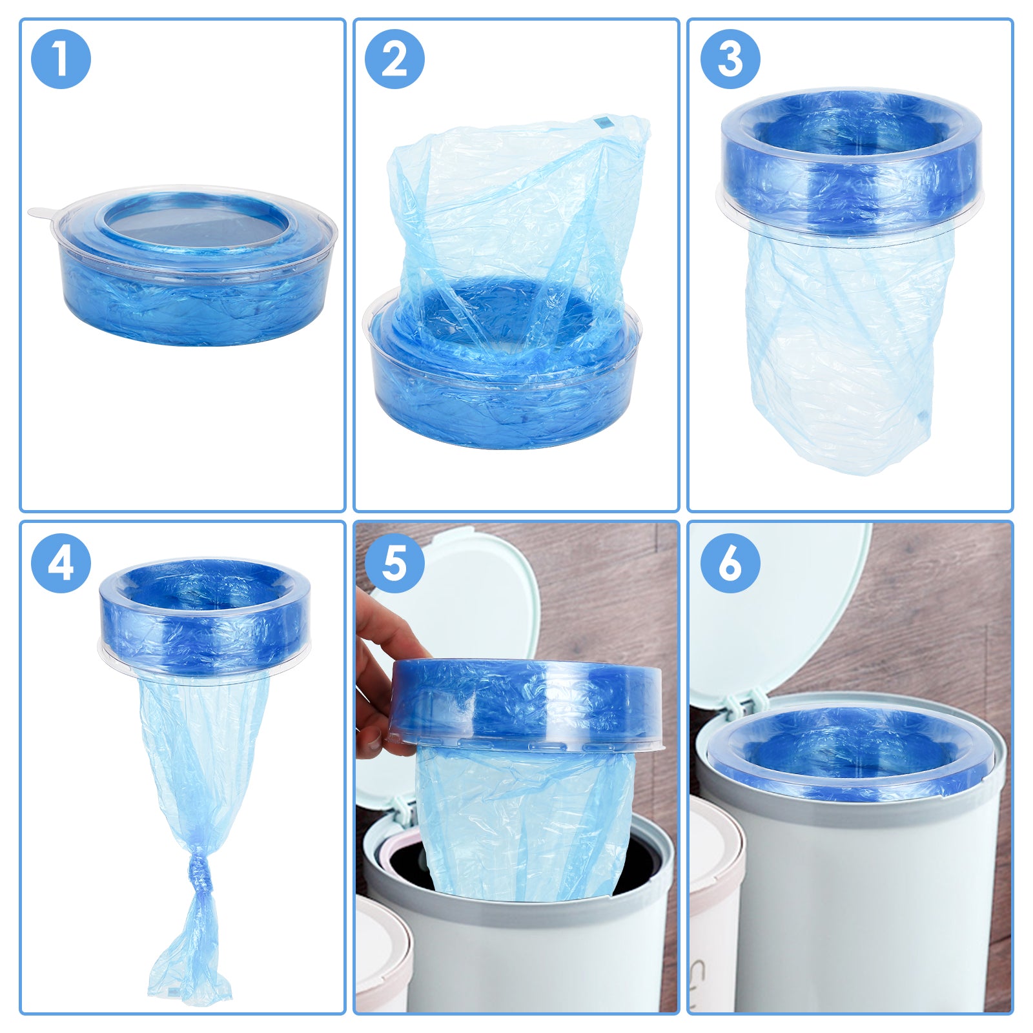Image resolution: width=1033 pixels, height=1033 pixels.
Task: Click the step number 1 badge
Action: (x=61, y=59)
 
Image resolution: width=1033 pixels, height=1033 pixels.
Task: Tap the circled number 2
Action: (x=394, y=59)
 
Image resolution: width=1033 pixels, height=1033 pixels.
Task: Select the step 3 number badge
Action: (x=730, y=59)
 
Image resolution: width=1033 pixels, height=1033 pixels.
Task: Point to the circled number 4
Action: (x=61, y=563)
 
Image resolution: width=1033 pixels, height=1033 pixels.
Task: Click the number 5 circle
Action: (x=394, y=563)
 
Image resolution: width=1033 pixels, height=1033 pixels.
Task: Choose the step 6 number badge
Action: (x=730, y=563)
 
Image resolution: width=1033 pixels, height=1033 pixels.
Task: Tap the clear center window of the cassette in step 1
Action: (x=196, y=223)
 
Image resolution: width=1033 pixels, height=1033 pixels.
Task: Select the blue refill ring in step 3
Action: (x=852, y=163)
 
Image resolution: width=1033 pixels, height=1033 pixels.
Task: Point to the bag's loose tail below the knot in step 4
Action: (x=190, y=949)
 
